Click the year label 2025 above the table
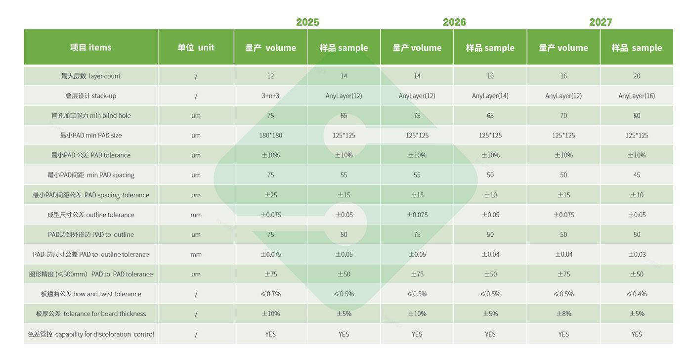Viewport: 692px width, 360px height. pos(307,22)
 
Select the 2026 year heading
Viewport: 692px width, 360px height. pos(454,22)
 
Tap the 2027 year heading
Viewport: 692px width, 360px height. pos(601,22)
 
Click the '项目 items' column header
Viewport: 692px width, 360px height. pos(91,47)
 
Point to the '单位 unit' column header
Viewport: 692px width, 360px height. pos(196,47)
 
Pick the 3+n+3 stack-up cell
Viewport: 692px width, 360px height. pos(270,96)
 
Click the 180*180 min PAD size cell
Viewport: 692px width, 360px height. pos(270,135)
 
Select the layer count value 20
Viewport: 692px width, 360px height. pos(637,76)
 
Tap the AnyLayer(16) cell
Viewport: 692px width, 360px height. pos(637,96)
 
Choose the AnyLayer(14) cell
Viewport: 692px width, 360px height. pos(490,96)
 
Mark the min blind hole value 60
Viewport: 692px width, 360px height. pos(637,116)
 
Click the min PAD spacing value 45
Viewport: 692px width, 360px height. pos(637,175)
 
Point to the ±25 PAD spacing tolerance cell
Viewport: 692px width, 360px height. pos(270,195)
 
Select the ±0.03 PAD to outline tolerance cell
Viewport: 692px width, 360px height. pos(637,254)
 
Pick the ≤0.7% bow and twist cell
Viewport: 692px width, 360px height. pos(270,294)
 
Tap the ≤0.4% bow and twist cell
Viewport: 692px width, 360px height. pos(637,294)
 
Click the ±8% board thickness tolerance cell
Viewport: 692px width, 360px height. pos(563,314)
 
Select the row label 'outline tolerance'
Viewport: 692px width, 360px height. pos(91,215)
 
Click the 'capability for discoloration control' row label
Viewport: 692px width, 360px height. pos(91,334)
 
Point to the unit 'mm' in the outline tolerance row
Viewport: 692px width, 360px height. pos(196,215)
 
